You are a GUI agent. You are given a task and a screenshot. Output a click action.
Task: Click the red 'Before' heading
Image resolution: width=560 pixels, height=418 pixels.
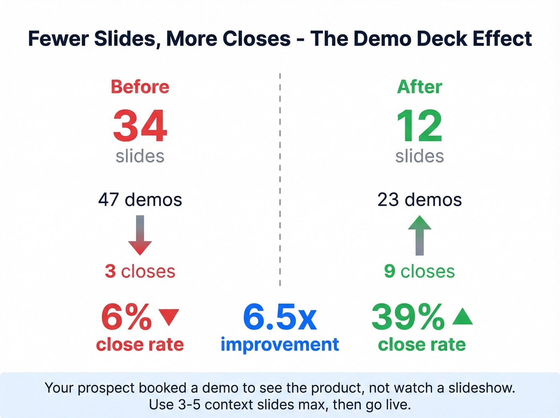(140, 87)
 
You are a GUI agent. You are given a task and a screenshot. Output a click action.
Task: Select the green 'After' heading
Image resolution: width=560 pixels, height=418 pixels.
(420, 87)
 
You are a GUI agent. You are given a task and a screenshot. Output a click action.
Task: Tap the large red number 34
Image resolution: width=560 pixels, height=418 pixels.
(140, 126)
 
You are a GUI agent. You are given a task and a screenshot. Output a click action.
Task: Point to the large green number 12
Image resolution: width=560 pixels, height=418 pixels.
(420, 126)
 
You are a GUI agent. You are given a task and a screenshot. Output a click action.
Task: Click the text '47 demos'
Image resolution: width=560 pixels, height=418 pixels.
(140, 200)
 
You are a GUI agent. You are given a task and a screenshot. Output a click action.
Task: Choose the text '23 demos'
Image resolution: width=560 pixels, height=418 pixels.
(420, 200)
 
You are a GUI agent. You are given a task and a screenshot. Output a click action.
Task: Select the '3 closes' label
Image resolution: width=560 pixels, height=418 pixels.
(140, 271)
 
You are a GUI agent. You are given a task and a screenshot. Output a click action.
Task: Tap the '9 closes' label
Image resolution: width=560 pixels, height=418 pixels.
(420, 271)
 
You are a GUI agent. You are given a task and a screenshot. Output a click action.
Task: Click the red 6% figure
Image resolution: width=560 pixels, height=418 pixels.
(126, 317)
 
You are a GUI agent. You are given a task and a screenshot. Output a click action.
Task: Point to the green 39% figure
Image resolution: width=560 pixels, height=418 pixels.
(408, 317)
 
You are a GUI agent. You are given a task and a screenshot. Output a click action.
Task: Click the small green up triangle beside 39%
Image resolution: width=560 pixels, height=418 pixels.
(463, 316)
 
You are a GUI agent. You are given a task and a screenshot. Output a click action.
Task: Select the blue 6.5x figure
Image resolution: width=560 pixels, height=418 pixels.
(280, 317)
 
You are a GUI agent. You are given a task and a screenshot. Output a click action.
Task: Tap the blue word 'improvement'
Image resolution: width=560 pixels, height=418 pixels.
(280, 344)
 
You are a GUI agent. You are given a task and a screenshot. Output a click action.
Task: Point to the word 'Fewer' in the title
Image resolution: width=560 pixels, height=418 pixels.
(58, 39)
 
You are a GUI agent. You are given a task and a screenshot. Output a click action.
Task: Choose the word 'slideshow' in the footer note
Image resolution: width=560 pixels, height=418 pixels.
(480, 388)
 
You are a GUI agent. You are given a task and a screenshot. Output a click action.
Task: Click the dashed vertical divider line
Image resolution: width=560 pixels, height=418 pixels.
(280, 180)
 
